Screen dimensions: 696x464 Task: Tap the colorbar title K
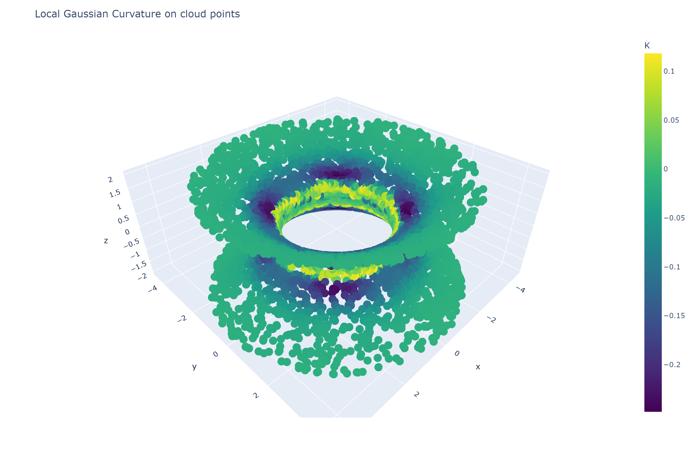[x=647, y=46]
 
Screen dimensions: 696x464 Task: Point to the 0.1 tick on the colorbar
[x=669, y=71]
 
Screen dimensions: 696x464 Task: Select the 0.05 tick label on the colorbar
[x=671, y=120]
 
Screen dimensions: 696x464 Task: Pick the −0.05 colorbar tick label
[x=674, y=218]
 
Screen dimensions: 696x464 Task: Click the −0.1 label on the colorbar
[x=672, y=267]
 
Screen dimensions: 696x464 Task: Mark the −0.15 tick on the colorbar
[x=674, y=316]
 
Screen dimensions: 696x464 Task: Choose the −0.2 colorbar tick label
[x=672, y=365]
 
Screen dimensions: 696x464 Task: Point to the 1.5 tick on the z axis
[x=115, y=194]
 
